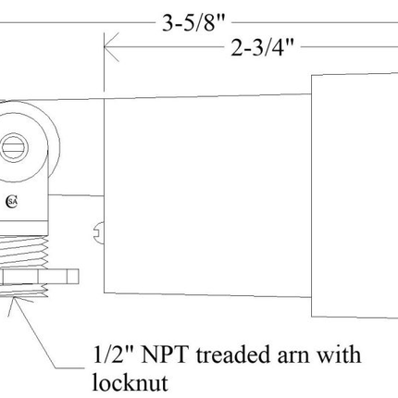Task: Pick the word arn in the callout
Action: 278,355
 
